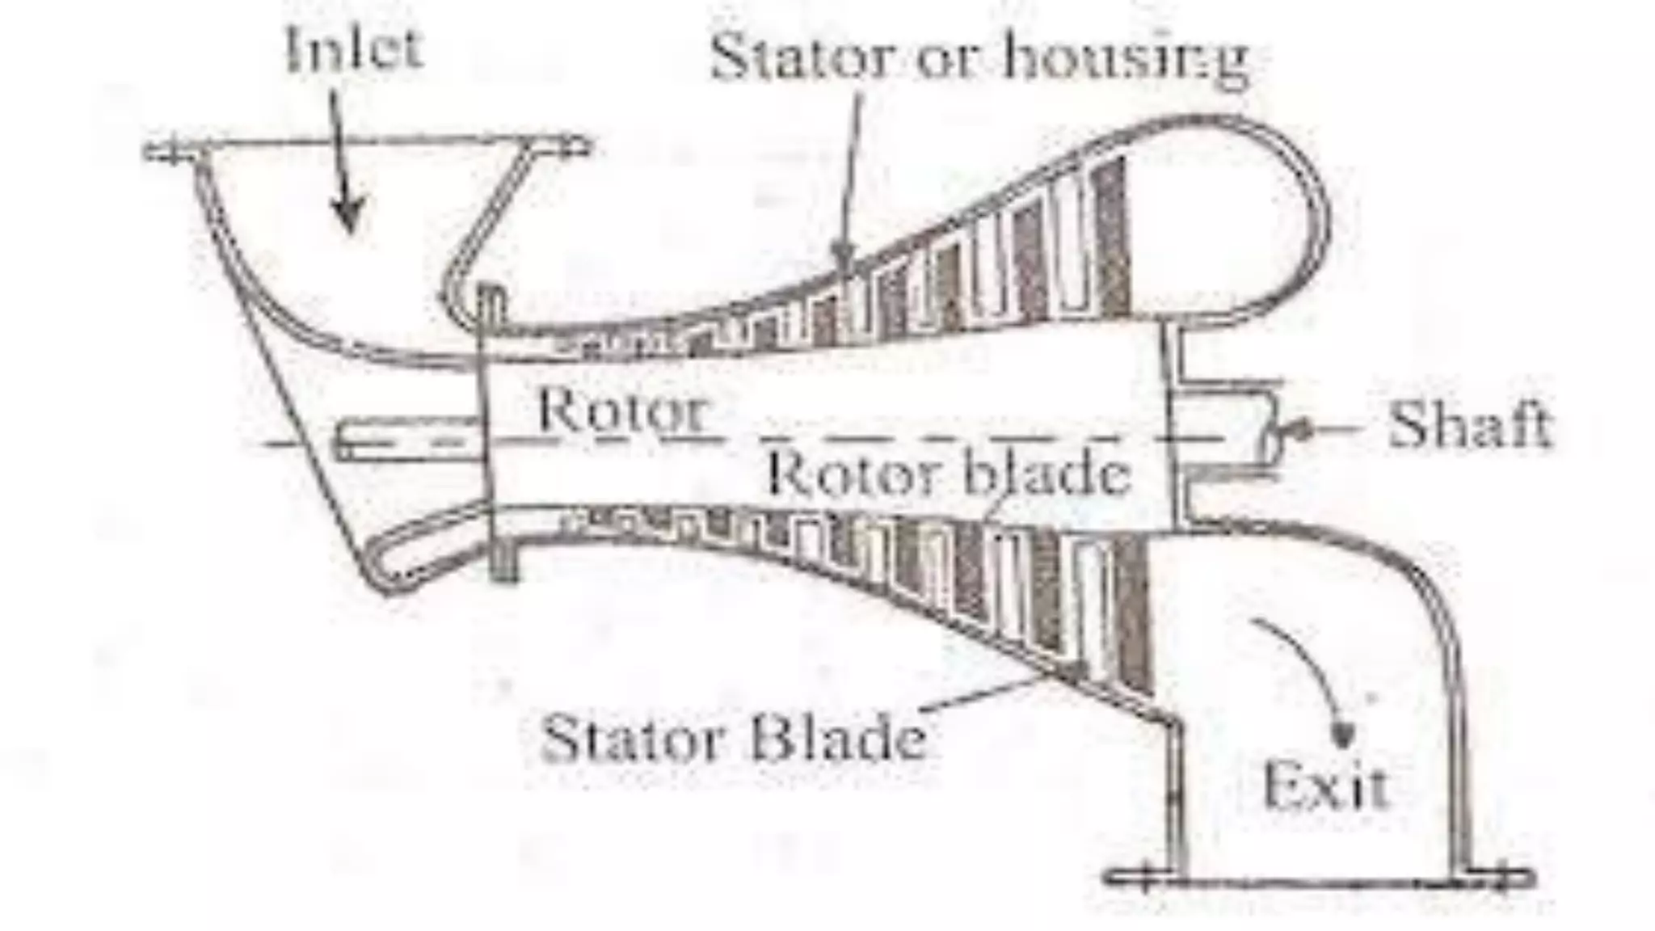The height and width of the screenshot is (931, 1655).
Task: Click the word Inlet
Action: tap(354, 48)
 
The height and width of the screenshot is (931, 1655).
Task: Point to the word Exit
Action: tap(1325, 786)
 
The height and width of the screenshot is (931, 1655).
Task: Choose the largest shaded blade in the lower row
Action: tap(1133, 614)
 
